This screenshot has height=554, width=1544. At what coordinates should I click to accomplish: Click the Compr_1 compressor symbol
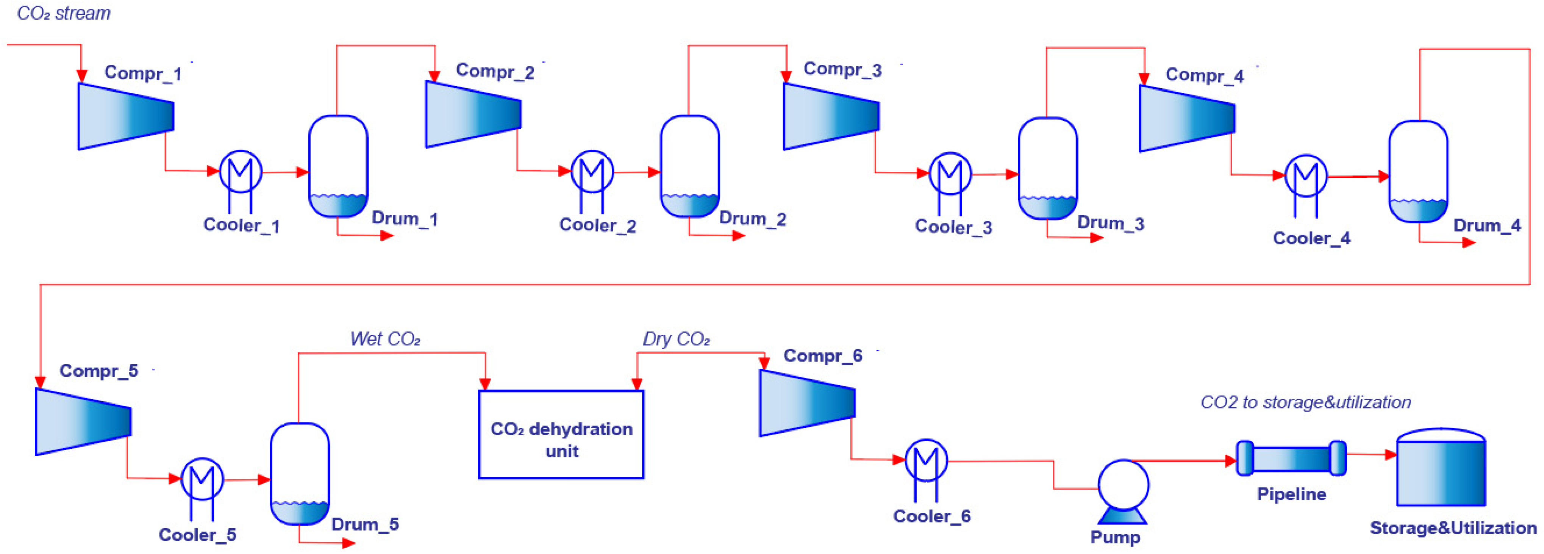(126, 116)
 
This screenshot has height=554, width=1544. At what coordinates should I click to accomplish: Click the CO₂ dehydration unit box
(561, 435)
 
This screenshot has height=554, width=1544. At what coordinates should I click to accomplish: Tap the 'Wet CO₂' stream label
(385, 340)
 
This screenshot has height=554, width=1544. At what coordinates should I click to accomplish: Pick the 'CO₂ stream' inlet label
(64, 13)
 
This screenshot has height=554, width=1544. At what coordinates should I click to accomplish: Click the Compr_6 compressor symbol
(807, 402)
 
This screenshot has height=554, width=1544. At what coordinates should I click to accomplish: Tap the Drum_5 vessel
(300, 474)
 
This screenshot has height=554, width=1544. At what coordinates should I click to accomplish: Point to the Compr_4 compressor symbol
(1187, 118)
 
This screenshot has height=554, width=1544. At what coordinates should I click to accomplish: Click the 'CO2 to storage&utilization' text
(1305, 402)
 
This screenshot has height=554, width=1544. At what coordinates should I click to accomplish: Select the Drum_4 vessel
(1418, 172)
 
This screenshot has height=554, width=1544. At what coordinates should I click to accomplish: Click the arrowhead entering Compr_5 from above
(40, 382)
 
